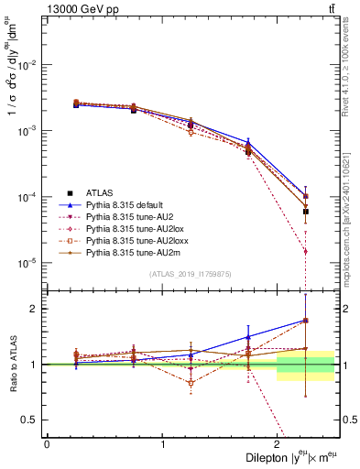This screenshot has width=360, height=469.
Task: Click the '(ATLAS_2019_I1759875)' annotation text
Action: click(191, 274)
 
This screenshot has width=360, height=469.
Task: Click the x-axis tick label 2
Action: click(278, 444)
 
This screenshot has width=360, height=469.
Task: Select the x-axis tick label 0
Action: click(47, 444)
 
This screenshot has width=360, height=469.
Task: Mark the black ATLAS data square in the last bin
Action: click(306, 212)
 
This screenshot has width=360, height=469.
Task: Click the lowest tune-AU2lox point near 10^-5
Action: click(306, 251)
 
